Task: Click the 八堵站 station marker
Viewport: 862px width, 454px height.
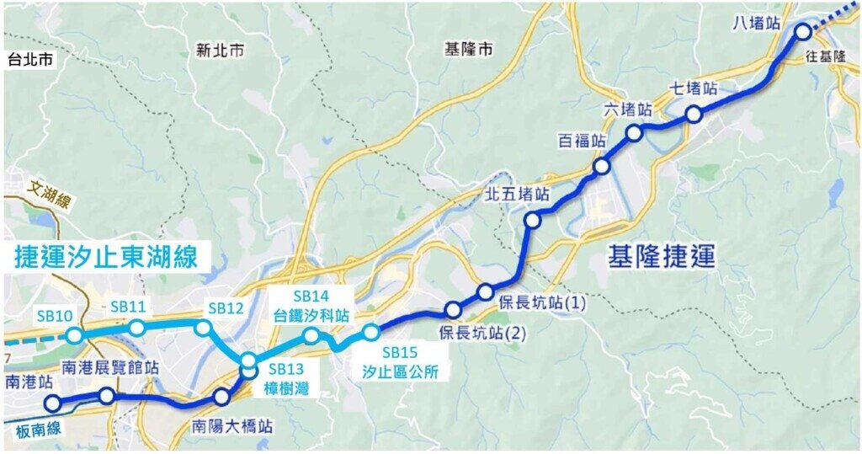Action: [802, 32]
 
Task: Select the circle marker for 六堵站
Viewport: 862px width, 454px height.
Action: [634, 132]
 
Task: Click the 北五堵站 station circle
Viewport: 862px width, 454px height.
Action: [532, 221]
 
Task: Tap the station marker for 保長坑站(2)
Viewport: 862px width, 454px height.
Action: [454, 309]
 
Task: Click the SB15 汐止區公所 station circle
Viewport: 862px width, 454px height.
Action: [371, 331]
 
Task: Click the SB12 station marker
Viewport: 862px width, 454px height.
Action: [203, 327]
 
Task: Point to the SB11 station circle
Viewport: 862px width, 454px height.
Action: [136, 327]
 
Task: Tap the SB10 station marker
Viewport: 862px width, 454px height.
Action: [75, 335]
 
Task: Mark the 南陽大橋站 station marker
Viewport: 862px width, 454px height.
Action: [221, 397]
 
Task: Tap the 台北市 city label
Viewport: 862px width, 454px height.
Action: [29, 60]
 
